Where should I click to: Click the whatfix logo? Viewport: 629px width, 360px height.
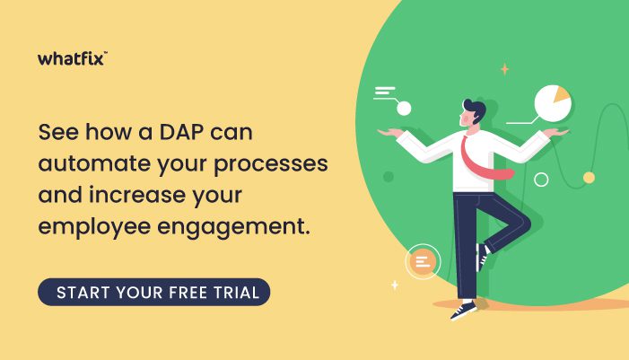pyautogui.click(x=73, y=58)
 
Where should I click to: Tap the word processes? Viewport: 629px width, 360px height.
pyautogui.click(x=270, y=165)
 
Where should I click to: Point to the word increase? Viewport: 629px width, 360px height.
pyautogui.click(x=137, y=195)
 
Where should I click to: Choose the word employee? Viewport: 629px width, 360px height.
pyautogui.click(x=94, y=228)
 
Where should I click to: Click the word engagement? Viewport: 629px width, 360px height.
pyautogui.click(x=233, y=228)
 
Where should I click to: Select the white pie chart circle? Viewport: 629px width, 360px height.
pyautogui.click(x=552, y=103)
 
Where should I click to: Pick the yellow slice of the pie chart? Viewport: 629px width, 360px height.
pyautogui.click(x=561, y=94)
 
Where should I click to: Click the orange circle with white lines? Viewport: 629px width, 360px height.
pyautogui.click(x=423, y=262)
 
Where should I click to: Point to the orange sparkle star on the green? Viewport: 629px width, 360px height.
pyautogui.click(x=504, y=69)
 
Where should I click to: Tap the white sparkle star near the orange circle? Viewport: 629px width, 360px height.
pyautogui.click(x=395, y=285)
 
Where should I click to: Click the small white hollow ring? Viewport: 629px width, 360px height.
pyautogui.click(x=541, y=180)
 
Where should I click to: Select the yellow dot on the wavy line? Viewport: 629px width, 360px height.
pyautogui.click(x=589, y=178)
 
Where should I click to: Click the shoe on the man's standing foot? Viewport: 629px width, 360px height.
pyautogui.click(x=463, y=310)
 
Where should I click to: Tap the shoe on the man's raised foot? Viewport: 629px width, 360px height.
pyautogui.click(x=482, y=257)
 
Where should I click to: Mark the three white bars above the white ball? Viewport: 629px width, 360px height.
pyautogui.click(x=384, y=92)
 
